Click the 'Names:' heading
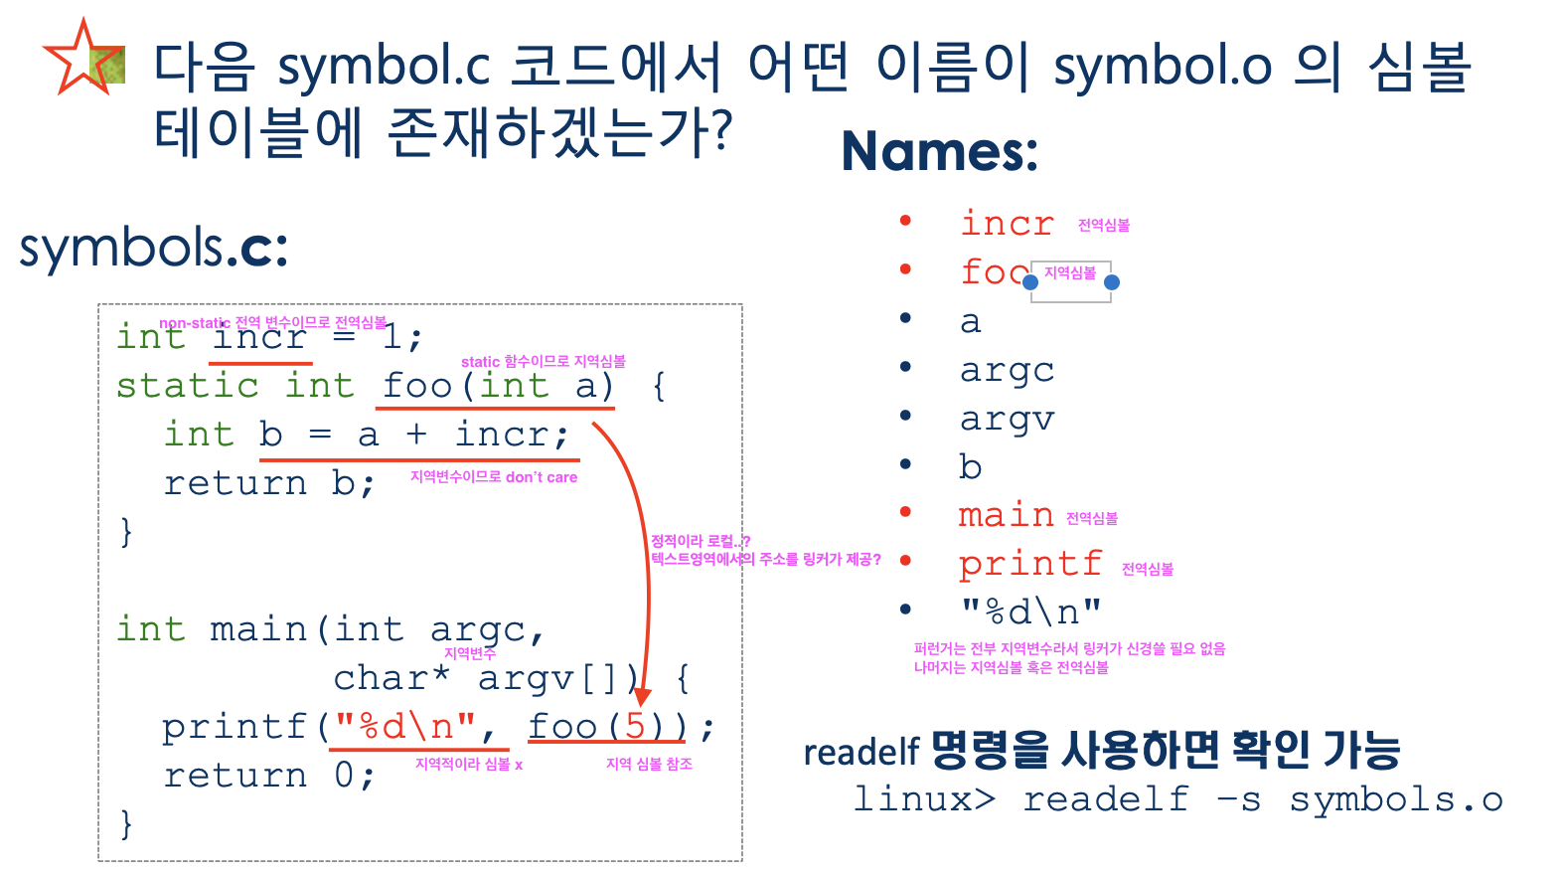pos(940,151)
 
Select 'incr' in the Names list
pos(1007,223)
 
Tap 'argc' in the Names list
pos(1007,371)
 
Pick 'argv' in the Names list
pos(1007,420)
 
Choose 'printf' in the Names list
pos(1030,564)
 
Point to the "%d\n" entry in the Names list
pos(1030,612)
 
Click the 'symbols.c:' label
pos(154,249)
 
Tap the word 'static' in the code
pos(187,386)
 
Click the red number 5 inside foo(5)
pos(635,727)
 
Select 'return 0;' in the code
pos(269,775)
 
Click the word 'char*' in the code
pos(391,678)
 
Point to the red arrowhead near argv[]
pos(642,696)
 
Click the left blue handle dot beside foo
pos(1029,282)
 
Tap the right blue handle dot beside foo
pos(1112,282)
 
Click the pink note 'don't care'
pos(542,477)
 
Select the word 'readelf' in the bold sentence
pos(861,753)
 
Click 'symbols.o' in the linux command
pos(1396,800)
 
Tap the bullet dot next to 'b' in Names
pos(905,464)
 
